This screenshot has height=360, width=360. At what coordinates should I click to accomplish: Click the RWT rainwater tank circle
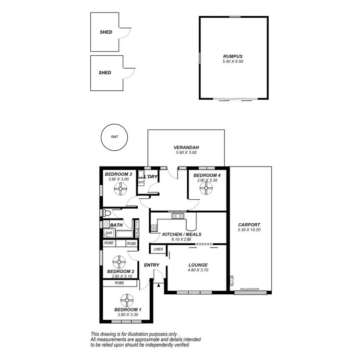(x=114, y=137)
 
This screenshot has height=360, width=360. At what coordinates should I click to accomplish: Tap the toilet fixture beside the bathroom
(x=106, y=213)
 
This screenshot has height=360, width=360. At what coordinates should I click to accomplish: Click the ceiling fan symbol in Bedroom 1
(x=127, y=301)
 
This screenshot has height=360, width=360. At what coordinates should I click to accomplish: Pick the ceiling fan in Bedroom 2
(x=118, y=263)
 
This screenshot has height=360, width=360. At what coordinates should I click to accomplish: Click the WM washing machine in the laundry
(x=141, y=182)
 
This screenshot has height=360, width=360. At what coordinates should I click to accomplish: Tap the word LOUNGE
(x=198, y=265)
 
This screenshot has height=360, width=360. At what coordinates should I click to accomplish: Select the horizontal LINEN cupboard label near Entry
(x=158, y=249)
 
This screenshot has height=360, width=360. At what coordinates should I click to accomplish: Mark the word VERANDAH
(x=186, y=147)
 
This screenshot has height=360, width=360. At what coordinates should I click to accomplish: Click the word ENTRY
(x=151, y=265)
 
